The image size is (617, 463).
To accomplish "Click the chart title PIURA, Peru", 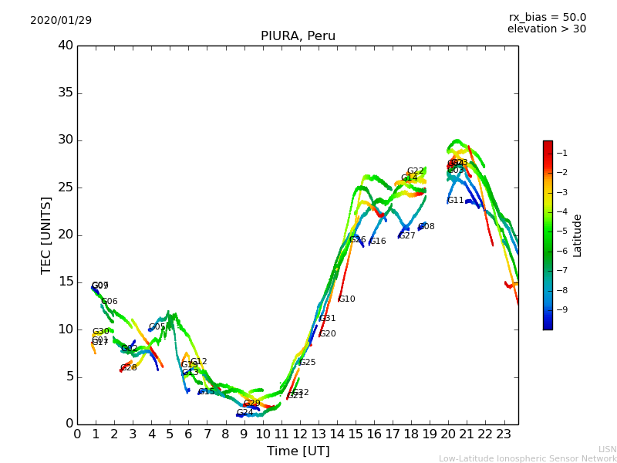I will click(298, 36).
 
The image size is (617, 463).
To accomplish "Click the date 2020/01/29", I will click(61, 20).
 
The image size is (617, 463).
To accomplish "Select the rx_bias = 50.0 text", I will click(547, 17).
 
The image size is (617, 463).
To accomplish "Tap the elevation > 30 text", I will click(547, 29).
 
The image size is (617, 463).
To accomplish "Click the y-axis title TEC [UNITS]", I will click(46, 235).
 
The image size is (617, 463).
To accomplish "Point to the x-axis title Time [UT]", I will click(298, 451).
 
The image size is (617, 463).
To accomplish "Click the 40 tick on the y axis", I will click(66, 46).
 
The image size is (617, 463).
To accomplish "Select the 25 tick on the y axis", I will click(66, 188).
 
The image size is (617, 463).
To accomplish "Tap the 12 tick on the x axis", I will click(299, 434).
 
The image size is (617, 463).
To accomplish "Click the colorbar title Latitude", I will click(578, 235).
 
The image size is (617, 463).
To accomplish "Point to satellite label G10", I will click(347, 299).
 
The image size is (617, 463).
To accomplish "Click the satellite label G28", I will click(129, 367).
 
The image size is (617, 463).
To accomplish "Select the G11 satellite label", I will click(456, 200).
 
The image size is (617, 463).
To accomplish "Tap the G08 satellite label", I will click(427, 226).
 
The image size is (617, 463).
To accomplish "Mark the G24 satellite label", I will click(245, 413).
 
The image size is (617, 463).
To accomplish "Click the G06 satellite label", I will click(110, 302).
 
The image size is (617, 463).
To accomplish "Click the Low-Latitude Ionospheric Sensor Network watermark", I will click(528, 458).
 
